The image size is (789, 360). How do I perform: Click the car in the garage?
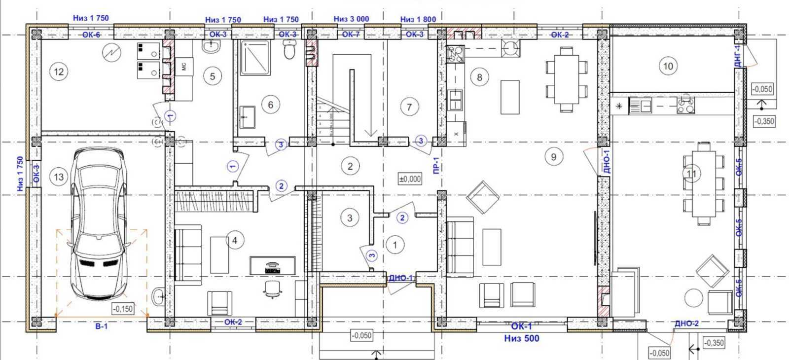pos(99,224)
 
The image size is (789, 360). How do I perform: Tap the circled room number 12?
pos(59,72)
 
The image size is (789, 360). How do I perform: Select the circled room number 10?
pos(668,66)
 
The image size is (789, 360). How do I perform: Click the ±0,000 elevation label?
pos(410,179)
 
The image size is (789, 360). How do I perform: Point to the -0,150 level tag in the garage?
pos(123,309)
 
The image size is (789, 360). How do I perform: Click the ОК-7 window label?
pos(351,35)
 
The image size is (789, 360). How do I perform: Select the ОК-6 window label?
pos(91,35)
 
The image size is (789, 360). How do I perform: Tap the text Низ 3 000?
pos(351,19)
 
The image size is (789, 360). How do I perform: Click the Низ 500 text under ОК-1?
pos(521,338)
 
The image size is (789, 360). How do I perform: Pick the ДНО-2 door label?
pos(686,324)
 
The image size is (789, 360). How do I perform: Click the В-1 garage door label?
pos(101,326)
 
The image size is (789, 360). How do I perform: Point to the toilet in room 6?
pos(289,50)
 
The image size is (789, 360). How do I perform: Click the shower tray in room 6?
pos(255,57)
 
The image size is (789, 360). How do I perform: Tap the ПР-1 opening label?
pos(436,167)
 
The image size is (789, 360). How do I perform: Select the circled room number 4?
pos(235,240)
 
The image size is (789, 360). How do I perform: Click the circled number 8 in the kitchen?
pos(479,77)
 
